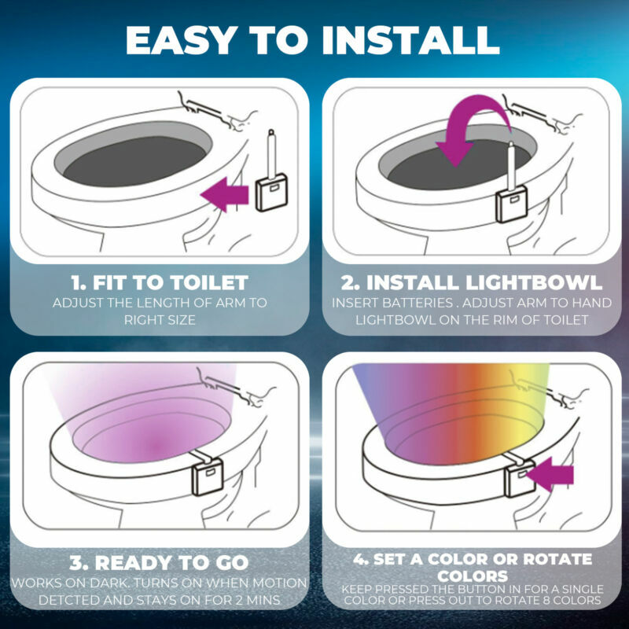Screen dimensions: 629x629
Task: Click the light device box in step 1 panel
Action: [271, 193]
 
